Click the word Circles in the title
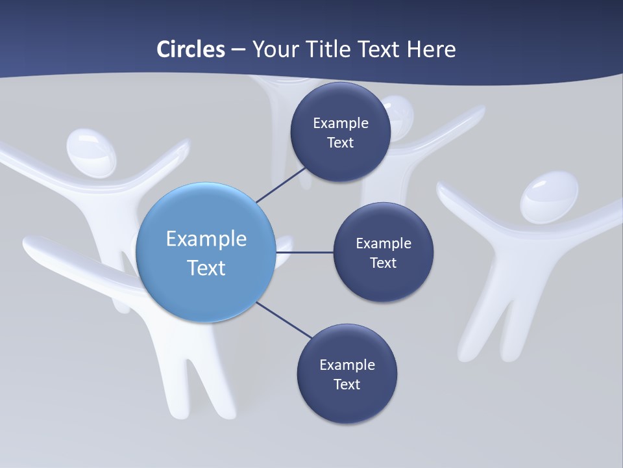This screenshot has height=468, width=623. pos(191,49)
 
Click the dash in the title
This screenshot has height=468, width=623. pos(238,50)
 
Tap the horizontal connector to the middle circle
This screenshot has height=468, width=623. pos(305,252)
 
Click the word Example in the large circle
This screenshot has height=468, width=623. pos(206,239)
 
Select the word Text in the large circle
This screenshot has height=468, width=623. pos(206,267)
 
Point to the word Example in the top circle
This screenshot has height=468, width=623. pos(341,123)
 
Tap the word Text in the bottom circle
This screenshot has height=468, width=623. pos(347,384)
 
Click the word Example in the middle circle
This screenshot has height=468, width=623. pos(384,243)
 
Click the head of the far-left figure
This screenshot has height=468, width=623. pos(91,151)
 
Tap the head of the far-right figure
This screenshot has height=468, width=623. pos(549,196)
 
